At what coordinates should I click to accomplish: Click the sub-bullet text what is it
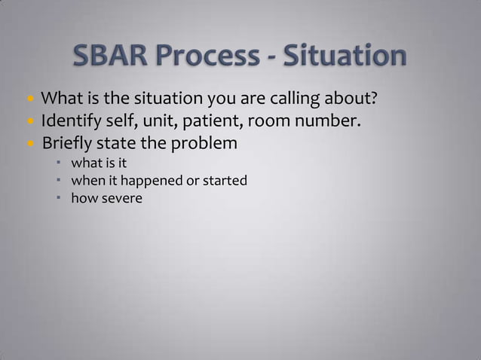click(93, 163)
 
